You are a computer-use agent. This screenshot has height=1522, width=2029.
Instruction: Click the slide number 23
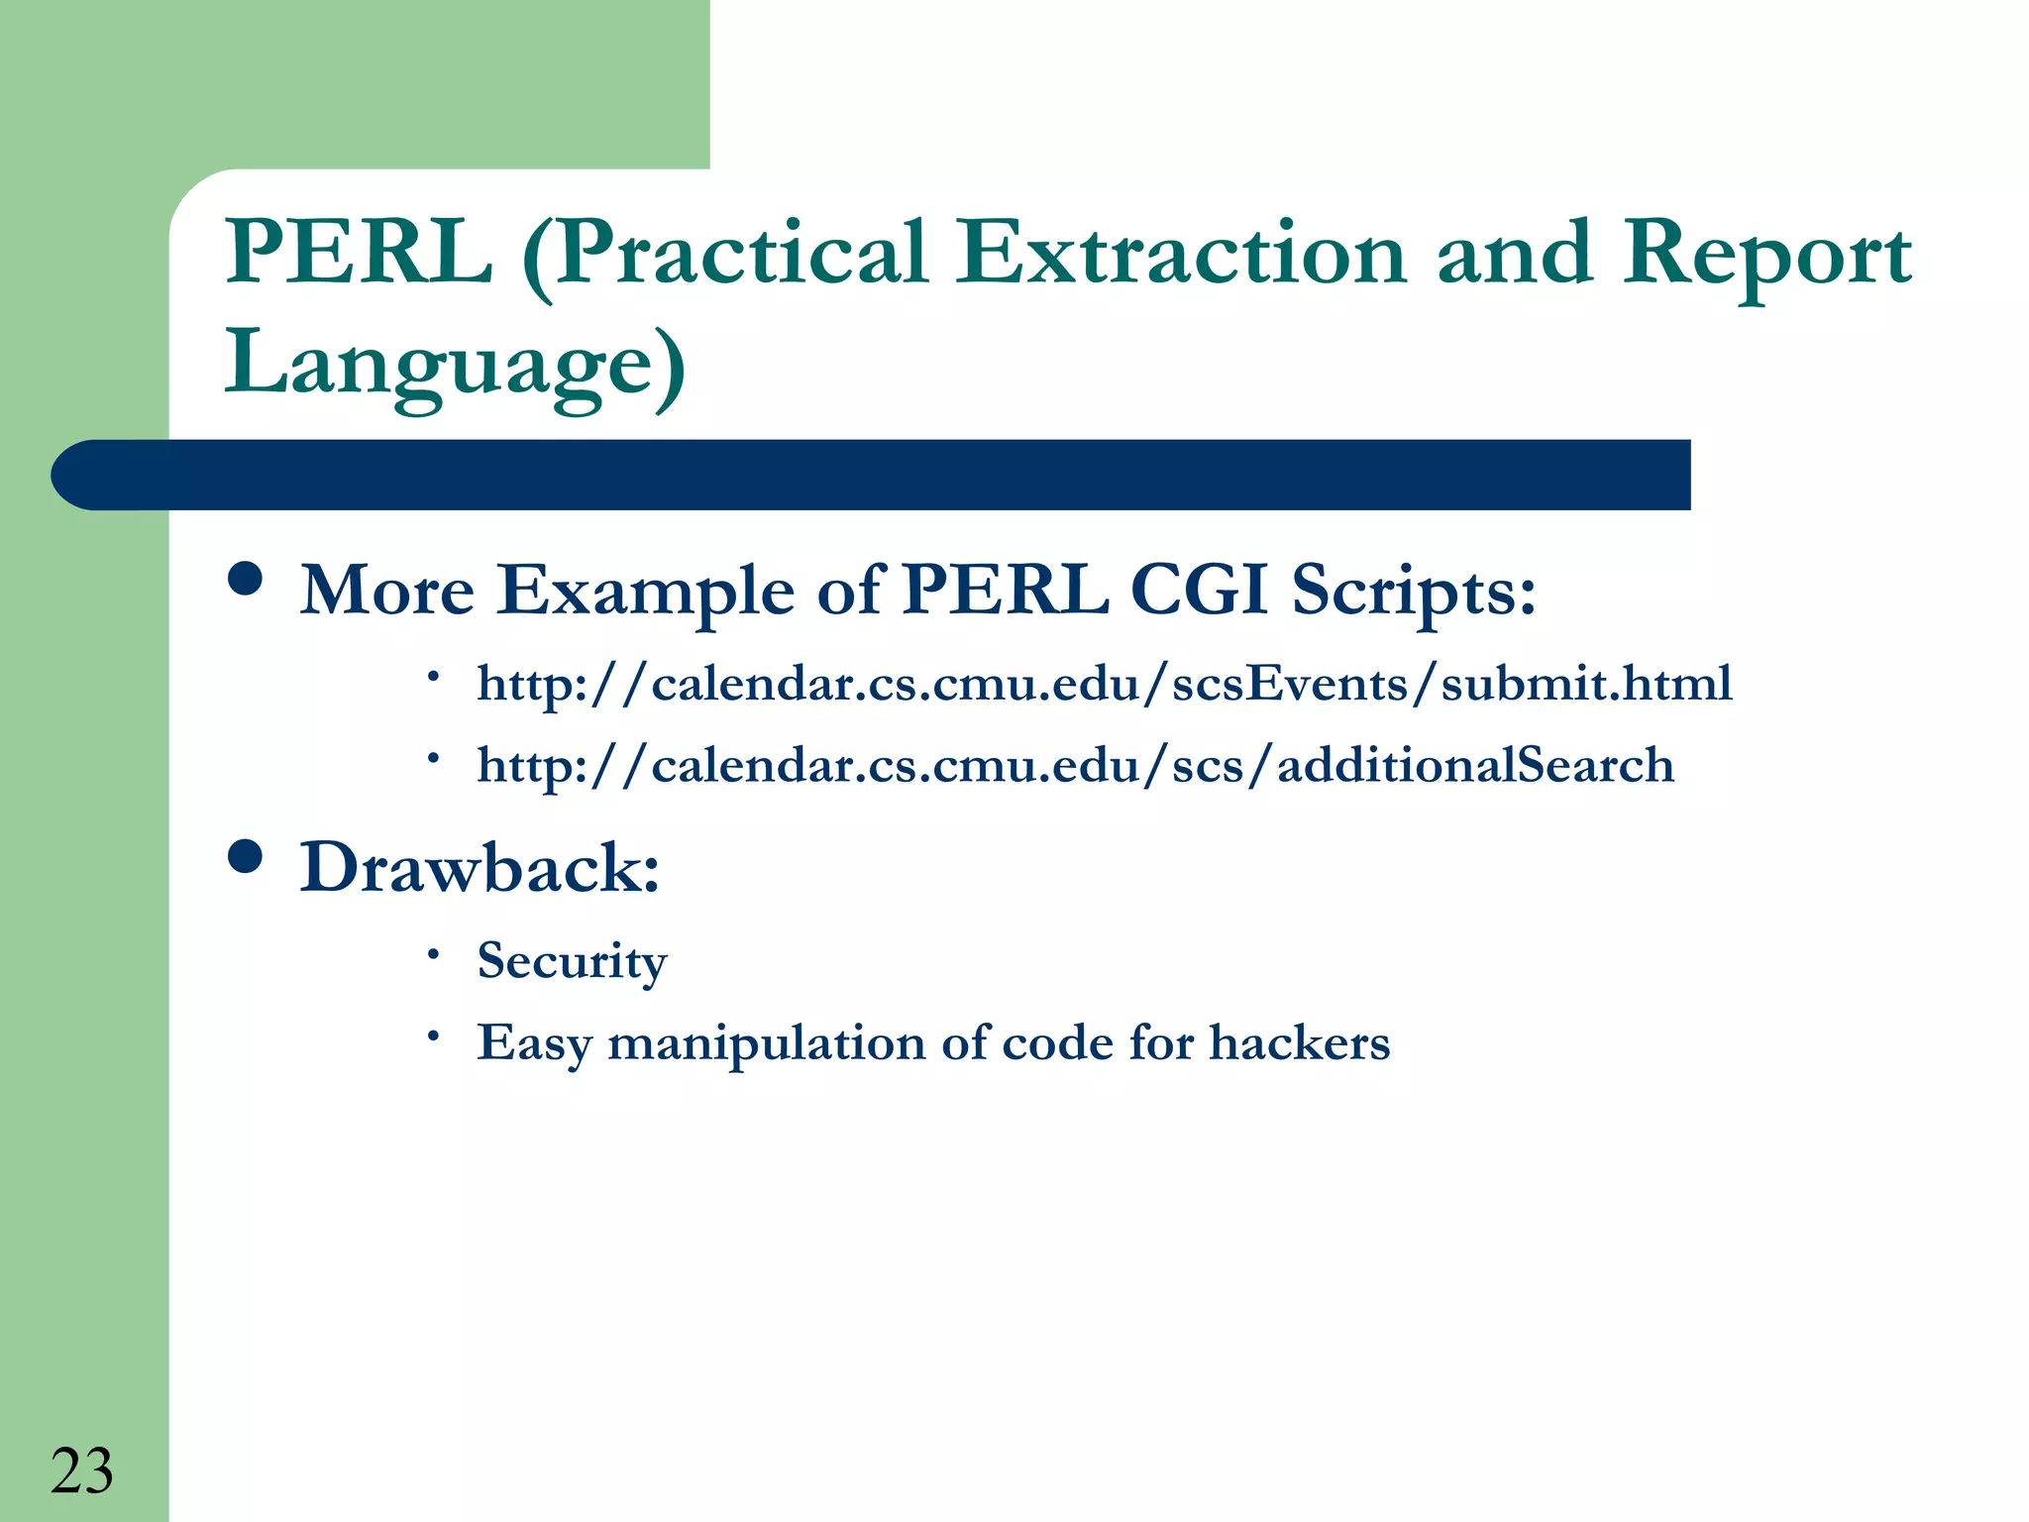[x=81, y=1471]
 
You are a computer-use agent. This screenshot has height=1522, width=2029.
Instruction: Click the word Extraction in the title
[x=1180, y=253]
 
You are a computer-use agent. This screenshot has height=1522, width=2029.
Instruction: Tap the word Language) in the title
[x=455, y=363]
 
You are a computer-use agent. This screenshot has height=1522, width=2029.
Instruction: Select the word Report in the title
[x=1766, y=255]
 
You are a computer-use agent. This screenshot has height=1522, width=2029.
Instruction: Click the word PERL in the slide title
[x=359, y=253]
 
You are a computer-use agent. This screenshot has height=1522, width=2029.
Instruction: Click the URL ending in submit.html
[x=1104, y=684]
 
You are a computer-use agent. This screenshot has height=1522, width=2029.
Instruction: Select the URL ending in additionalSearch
[x=1075, y=766]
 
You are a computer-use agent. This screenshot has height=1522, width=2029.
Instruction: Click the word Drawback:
[x=480, y=868]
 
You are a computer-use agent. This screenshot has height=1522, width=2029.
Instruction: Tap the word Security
[x=572, y=960]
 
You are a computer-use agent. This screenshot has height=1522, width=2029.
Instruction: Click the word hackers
[x=1299, y=1042]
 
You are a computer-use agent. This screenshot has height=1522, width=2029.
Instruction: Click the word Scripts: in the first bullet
[x=1413, y=592]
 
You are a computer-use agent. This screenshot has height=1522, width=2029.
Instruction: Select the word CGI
[x=1199, y=590]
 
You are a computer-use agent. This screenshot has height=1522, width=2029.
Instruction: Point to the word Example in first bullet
[x=646, y=592]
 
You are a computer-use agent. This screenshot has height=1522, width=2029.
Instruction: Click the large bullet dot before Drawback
[x=245, y=856]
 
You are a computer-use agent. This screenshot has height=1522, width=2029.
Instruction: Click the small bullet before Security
[x=433, y=953]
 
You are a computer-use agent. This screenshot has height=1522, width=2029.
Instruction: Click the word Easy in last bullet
[x=534, y=1043]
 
